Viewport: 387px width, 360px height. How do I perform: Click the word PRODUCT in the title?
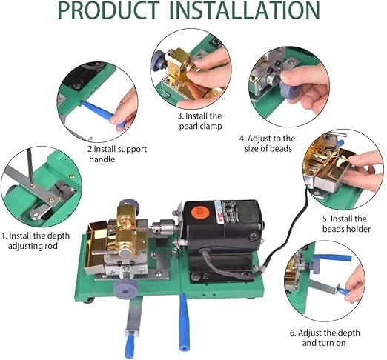click(109, 10)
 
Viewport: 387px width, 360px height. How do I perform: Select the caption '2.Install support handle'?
click(118, 154)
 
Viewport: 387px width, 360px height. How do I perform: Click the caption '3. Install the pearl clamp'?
click(200, 121)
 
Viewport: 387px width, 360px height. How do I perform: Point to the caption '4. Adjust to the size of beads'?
click(268, 143)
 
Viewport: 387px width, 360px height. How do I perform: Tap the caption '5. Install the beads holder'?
click(346, 224)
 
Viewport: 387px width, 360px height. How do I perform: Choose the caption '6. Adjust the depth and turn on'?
click(325, 338)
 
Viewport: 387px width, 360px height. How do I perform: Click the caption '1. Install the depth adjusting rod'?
click(35, 241)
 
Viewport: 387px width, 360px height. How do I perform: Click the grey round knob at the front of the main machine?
click(126, 289)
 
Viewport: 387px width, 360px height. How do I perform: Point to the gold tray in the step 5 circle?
click(331, 170)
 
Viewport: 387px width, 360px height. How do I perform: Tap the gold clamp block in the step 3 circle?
click(179, 67)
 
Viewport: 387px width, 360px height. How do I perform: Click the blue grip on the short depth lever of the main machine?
click(130, 345)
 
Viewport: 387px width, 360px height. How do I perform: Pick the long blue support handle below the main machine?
click(184, 322)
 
